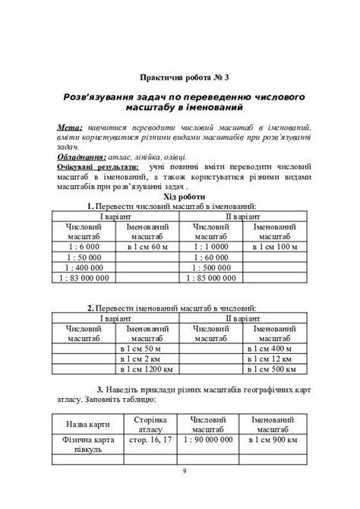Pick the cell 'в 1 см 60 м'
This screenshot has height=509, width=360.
pyautogui.click(x=146, y=246)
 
